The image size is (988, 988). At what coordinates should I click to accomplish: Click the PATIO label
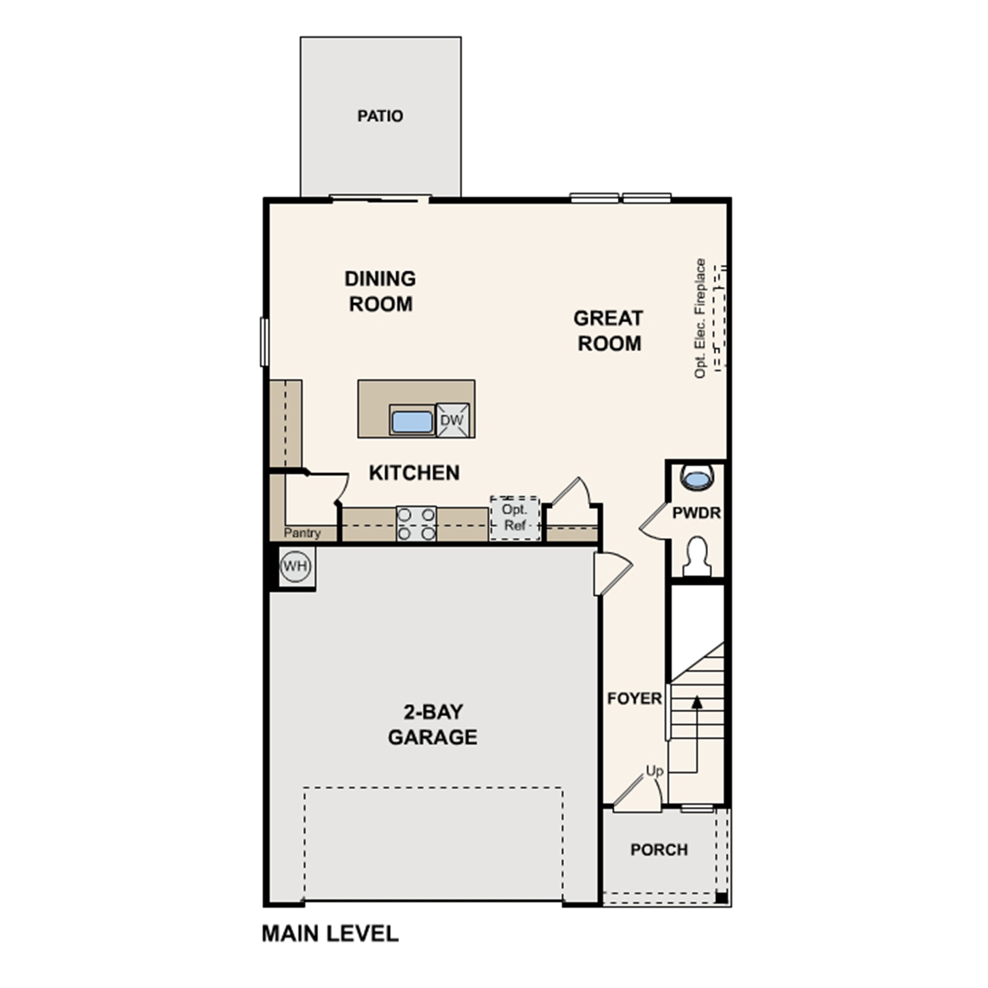click(380, 116)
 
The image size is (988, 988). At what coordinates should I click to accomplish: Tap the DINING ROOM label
click(380, 291)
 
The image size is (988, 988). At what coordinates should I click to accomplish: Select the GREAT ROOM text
click(608, 331)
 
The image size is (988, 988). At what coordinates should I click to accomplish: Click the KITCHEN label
click(414, 473)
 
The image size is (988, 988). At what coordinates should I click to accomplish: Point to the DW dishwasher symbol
click(452, 420)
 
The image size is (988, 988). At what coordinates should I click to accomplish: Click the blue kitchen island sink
click(412, 422)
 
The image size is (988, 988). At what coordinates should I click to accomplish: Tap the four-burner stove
click(416, 524)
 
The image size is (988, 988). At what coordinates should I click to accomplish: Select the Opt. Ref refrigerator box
click(514, 518)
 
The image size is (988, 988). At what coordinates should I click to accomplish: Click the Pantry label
click(302, 533)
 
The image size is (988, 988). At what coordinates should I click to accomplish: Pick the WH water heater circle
click(295, 566)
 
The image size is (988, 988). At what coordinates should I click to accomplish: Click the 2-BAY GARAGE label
click(433, 724)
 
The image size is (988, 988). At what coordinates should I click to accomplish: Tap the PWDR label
click(696, 513)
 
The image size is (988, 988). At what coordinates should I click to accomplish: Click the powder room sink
click(696, 477)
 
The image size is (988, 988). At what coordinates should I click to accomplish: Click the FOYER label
click(634, 698)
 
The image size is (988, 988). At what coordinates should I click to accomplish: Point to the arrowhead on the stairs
click(696, 702)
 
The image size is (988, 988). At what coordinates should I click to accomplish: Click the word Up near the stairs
click(654, 771)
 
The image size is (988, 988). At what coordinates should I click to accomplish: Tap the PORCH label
click(659, 850)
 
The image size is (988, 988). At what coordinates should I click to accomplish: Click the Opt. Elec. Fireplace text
click(700, 318)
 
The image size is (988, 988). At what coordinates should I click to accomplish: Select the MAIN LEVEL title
click(330, 933)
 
